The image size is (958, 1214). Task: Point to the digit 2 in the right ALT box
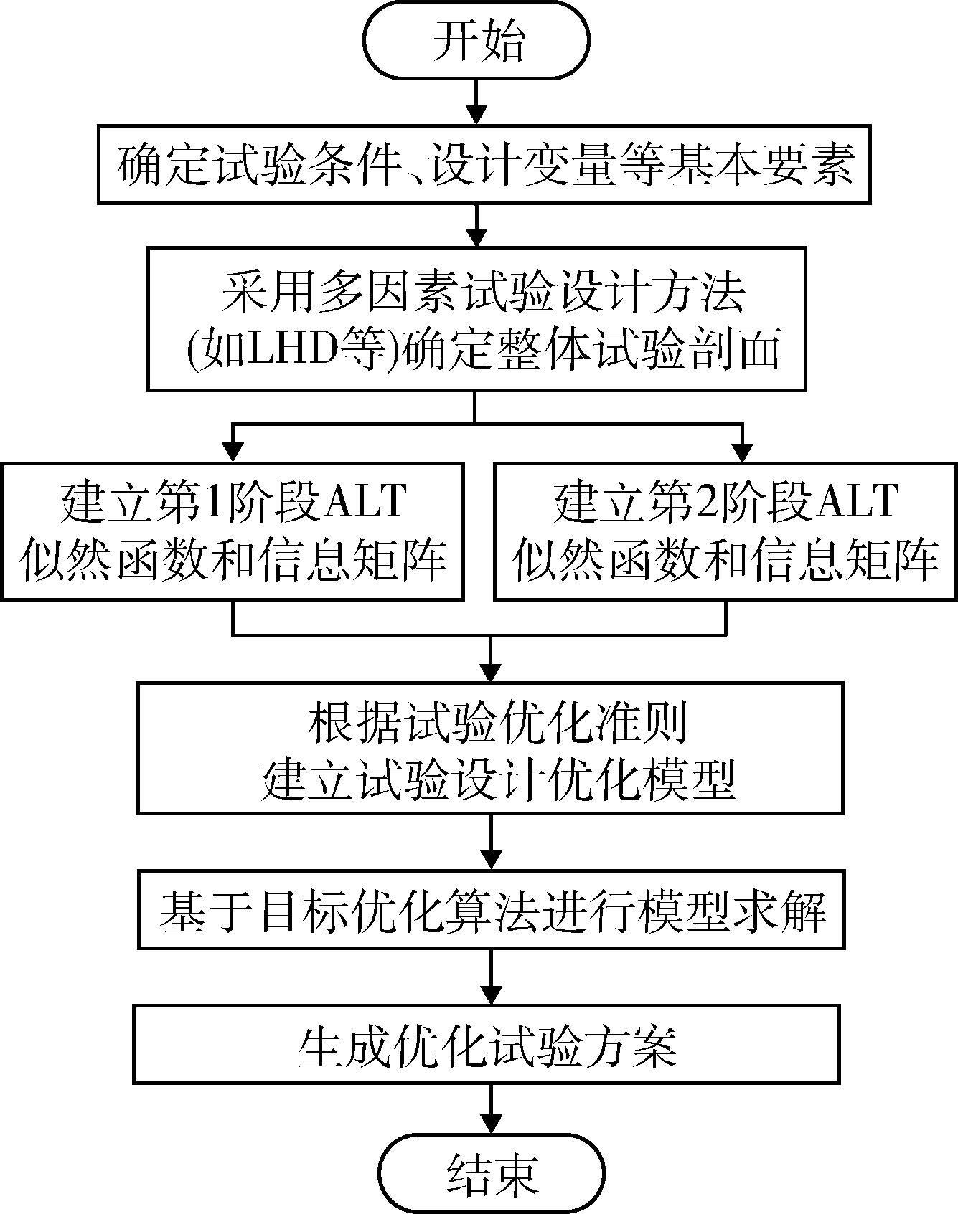coord(706,501)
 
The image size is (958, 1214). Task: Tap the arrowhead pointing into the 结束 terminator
coord(492,1124)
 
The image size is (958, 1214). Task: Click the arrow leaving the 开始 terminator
coord(476,103)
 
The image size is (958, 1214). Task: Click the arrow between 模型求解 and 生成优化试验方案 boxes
coord(491,977)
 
